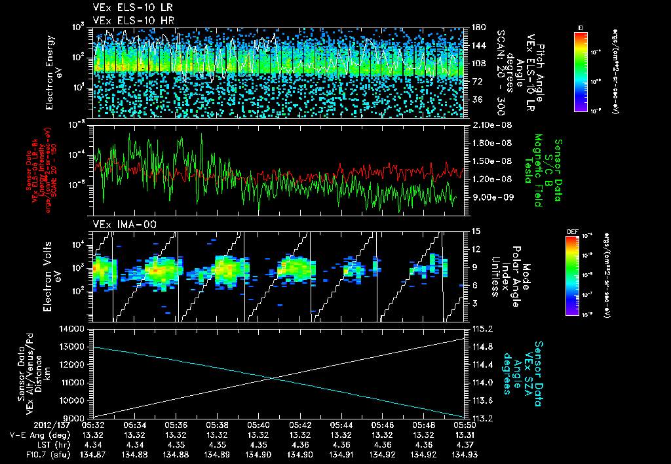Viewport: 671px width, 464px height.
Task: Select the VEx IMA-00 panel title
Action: [117, 224]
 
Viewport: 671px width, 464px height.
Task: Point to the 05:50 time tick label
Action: [463, 425]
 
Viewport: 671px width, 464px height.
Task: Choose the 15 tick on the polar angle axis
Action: [475, 231]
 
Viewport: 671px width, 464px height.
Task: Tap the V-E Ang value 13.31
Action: [463, 435]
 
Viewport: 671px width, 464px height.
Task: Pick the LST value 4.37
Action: [463, 444]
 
